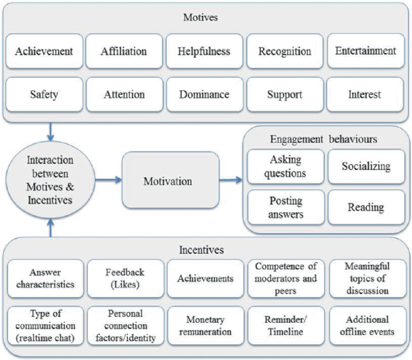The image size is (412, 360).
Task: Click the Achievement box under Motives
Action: [44, 51]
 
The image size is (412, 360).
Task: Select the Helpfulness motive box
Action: [204, 51]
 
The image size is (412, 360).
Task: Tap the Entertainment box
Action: [366, 51]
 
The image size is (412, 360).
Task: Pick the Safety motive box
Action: [44, 94]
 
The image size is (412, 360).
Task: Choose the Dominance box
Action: [204, 94]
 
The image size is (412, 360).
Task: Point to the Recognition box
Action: [285, 51]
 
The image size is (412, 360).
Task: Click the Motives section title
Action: [201, 17]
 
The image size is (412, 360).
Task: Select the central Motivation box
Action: [170, 180]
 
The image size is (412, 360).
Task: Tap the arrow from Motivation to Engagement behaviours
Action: [231, 180]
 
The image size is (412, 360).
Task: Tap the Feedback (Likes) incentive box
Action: [125, 278]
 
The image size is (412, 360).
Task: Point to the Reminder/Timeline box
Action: [285, 325]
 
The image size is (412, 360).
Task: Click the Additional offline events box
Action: [367, 325]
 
